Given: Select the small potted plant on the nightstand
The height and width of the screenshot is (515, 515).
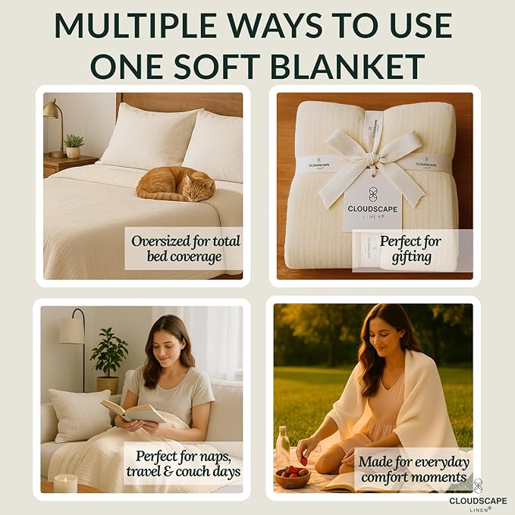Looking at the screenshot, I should point(74,146).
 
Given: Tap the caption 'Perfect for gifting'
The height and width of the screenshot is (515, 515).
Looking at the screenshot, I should point(411,250).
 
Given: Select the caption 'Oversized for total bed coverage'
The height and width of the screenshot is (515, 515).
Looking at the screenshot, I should point(185,249).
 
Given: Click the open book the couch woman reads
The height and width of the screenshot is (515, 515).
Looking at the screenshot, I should point(134,412).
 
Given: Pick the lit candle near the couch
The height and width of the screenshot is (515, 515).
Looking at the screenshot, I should point(65,482).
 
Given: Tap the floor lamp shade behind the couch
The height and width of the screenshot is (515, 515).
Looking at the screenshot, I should point(72,330).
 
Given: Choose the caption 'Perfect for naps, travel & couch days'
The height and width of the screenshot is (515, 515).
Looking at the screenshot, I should point(188,463).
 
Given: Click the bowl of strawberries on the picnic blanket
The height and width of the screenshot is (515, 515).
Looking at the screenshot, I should point(292,477).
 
